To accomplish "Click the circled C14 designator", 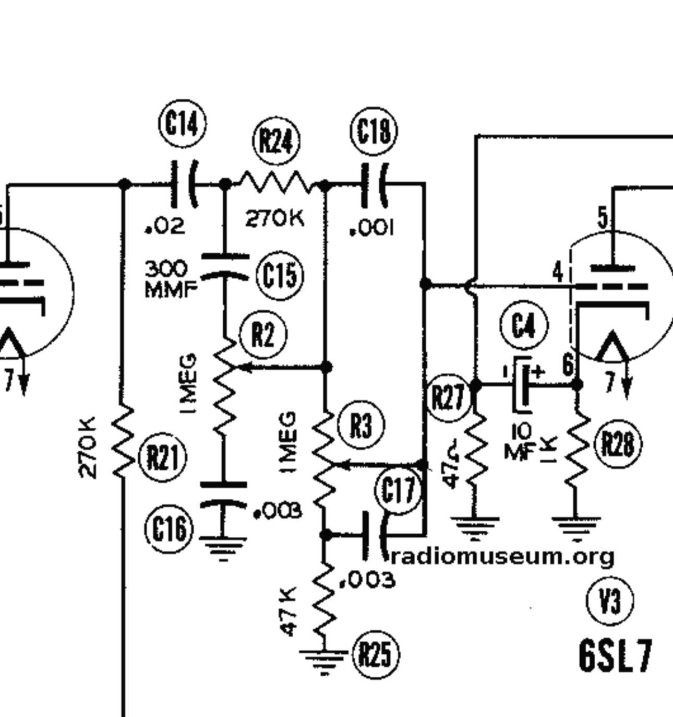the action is coord(183,123).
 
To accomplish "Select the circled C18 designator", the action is coord(374,131).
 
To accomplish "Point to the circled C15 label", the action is coord(280,275).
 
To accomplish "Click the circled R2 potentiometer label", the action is coord(263,334).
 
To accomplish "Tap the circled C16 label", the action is coord(169,528).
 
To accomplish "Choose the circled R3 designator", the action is coord(361,425).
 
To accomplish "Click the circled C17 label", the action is coord(398,489).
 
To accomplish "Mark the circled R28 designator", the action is coord(619,444).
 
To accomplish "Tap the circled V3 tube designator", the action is coord(610,601).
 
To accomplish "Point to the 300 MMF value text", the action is coord(171,279).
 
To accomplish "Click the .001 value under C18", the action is coord(372,228).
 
